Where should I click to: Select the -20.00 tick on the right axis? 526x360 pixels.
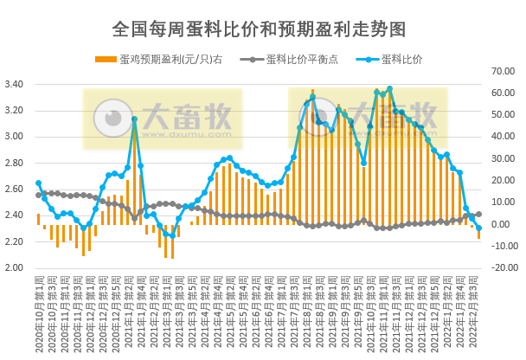(501, 267)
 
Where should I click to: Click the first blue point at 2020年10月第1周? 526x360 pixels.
(38, 183)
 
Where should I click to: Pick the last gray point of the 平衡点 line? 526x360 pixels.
(479, 214)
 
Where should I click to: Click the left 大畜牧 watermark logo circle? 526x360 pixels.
(111, 118)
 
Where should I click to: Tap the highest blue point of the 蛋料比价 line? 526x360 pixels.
(390, 88)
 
